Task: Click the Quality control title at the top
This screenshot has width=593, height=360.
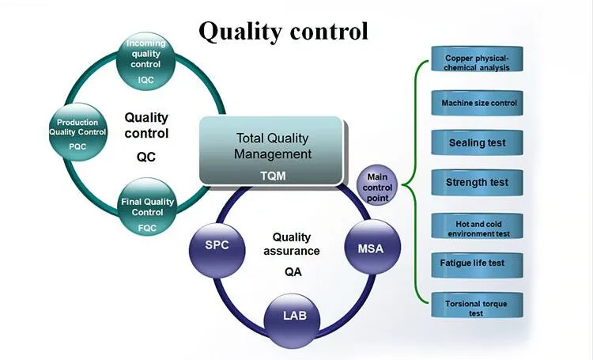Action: tap(283, 31)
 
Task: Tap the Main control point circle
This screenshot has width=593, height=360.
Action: tap(378, 187)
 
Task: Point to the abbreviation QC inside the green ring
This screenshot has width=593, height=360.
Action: tap(146, 157)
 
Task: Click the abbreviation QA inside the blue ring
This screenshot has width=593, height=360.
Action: tap(293, 272)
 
